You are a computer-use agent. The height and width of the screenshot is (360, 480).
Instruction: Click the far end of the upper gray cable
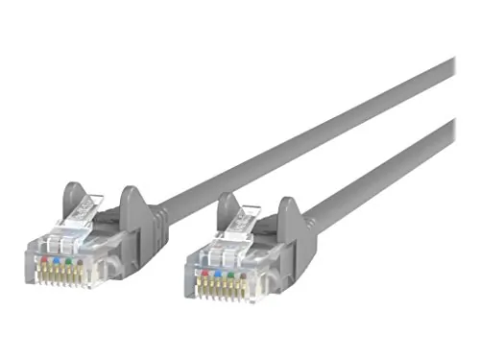click(447, 70)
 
